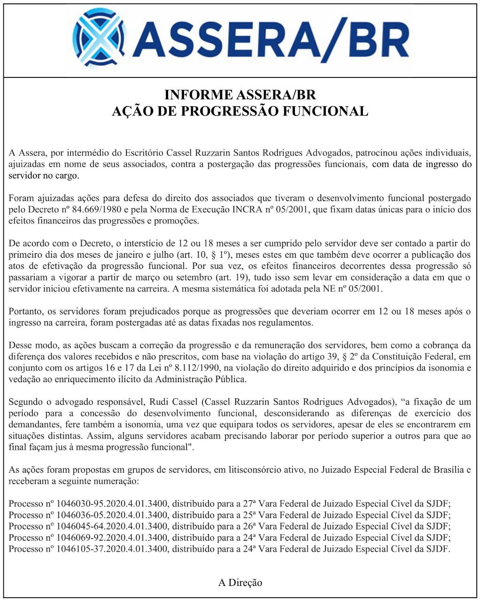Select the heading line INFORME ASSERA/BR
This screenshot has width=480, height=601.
tap(240, 94)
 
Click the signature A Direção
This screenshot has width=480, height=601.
tap(240, 583)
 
